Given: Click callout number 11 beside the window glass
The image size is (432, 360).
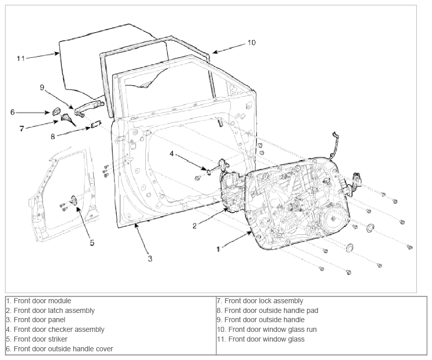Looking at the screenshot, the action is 21,58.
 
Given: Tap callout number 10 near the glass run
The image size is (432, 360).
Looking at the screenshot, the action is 251,42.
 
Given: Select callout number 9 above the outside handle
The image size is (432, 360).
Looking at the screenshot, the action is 42,87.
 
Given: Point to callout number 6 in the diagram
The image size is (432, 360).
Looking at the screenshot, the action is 12,112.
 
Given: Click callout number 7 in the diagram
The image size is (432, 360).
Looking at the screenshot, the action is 22,128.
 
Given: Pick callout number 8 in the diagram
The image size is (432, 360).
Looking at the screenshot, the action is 53,136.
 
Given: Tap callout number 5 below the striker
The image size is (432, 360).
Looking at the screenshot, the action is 92,243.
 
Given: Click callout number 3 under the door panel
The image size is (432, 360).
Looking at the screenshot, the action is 150,258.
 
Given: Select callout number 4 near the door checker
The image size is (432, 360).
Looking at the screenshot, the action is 171,153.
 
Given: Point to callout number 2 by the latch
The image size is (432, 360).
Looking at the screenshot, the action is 195,226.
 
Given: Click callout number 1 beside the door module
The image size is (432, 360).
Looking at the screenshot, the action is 218,249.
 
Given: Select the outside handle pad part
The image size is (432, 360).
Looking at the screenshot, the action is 96,124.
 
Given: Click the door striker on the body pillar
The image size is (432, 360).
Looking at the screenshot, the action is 74,199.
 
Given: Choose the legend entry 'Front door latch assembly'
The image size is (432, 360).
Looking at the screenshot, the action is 50,310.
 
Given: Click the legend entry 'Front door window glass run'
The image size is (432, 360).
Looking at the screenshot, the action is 267,329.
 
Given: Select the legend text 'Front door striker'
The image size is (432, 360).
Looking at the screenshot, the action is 37,339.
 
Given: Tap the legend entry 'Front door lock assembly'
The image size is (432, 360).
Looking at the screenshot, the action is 260,301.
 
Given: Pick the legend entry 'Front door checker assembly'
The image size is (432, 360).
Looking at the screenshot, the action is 55,329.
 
